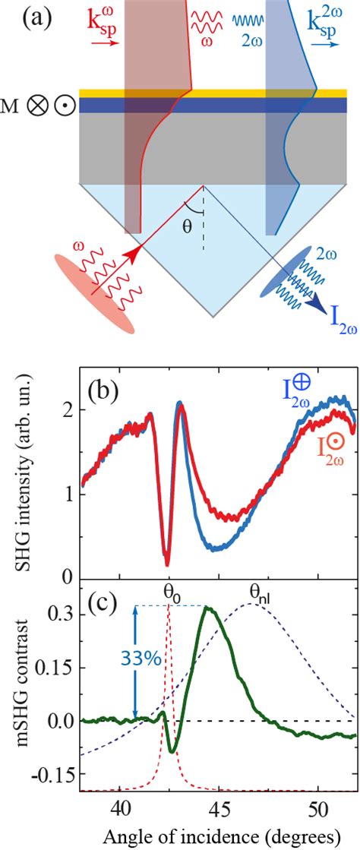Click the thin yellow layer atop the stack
pos(213,93)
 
